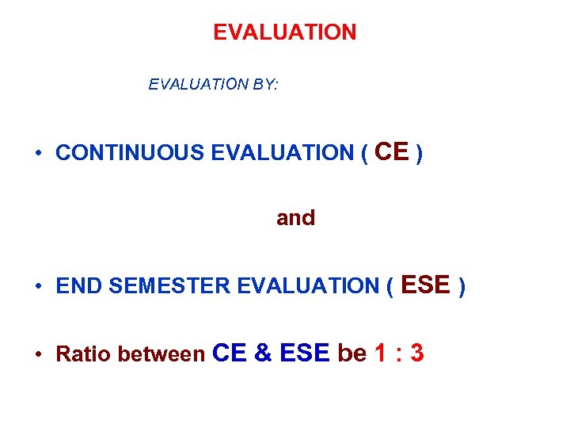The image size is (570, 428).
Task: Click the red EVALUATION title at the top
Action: (285, 32)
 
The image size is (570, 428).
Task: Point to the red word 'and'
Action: (295, 218)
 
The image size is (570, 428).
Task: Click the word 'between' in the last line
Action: (161, 354)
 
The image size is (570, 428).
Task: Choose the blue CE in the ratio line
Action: (231, 353)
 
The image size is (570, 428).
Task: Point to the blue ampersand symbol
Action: (263, 353)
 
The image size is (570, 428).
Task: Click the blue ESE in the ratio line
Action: (303, 353)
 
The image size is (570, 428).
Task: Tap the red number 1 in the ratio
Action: (380, 353)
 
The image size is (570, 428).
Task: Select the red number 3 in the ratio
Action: (416, 353)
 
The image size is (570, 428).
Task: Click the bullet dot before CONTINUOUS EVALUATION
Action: (38, 154)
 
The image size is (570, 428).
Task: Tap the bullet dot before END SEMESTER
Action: (38, 287)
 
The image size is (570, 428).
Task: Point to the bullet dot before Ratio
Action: (38, 355)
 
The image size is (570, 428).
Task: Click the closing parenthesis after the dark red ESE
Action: (463, 286)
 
